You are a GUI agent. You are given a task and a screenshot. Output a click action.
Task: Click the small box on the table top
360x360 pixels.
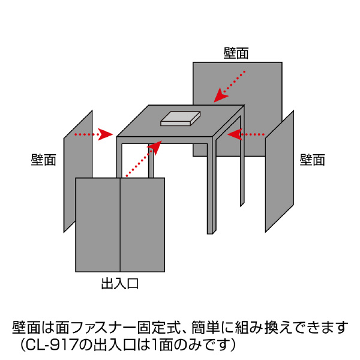pyautogui.click(x=181, y=118)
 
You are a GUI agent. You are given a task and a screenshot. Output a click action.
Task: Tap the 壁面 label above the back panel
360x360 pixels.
pyautogui.click(x=236, y=53)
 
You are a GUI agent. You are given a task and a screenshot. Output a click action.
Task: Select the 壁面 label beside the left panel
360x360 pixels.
pyautogui.click(x=44, y=160)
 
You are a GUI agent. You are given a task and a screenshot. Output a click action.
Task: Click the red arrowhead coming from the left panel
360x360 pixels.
pyautogui.click(x=107, y=134)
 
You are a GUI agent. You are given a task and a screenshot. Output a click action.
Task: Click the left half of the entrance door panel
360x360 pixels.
pyautogui.click(x=98, y=225)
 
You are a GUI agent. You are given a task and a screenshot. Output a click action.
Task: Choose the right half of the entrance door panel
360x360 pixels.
pyautogui.click(x=143, y=225)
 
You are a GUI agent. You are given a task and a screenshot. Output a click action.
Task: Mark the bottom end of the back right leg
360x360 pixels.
pyautogui.click(x=242, y=204)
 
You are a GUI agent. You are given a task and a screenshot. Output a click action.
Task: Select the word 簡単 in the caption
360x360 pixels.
pyautogui.click(x=206, y=328)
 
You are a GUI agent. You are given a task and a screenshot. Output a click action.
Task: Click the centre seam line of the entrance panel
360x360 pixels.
pyautogui.click(x=121, y=225)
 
